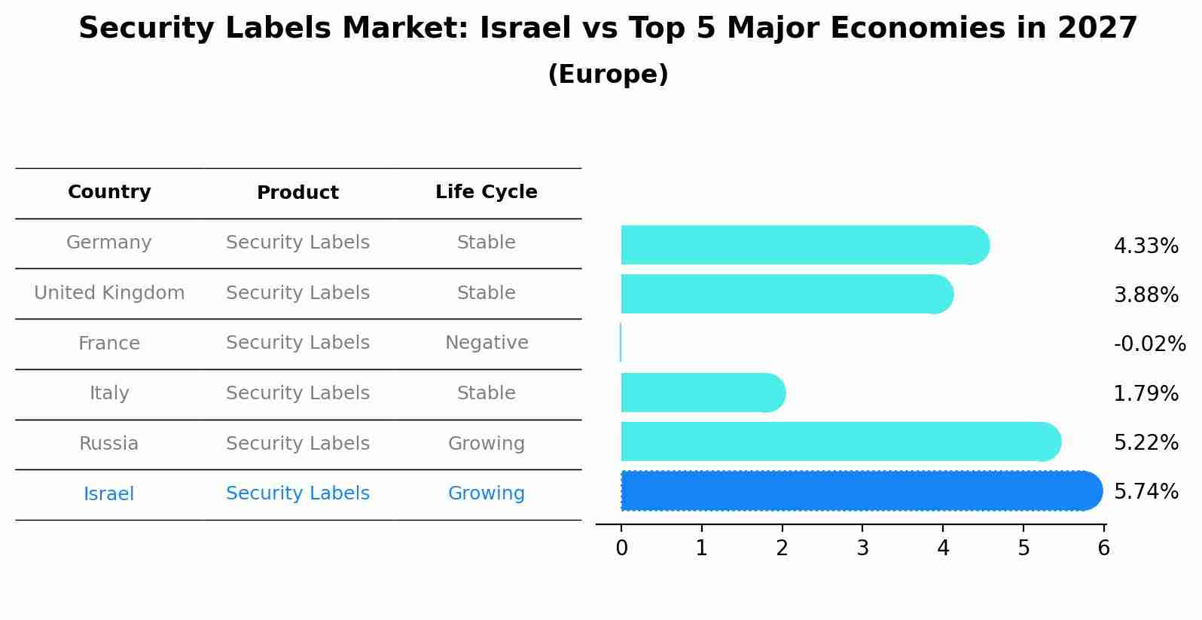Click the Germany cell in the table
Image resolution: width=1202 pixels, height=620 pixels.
(x=109, y=243)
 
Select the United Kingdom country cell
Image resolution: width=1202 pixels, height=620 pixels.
(x=109, y=293)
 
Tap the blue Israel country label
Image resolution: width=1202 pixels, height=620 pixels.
(x=109, y=494)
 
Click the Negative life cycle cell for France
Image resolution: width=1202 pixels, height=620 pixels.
(x=487, y=343)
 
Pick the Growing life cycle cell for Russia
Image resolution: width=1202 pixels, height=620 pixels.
(x=487, y=444)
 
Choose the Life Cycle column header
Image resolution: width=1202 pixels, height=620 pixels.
(x=487, y=192)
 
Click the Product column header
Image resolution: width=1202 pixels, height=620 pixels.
(x=297, y=193)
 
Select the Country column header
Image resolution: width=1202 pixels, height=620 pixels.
(x=109, y=192)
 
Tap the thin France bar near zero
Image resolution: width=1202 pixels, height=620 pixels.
(x=621, y=343)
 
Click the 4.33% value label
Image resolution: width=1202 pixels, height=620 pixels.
(x=1146, y=246)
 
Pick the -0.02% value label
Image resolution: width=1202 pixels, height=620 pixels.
(x=1149, y=344)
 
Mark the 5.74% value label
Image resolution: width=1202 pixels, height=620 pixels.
(x=1146, y=492)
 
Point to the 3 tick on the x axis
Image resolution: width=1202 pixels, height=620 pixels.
(x=862, y=548)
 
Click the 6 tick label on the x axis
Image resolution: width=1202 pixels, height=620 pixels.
(x=1103, y=548)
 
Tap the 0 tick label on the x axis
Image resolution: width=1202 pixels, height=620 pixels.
(x=621, y=548)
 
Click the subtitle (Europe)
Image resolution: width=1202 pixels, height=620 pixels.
(x=608, y=75)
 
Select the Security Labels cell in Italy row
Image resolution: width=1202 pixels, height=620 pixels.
(x=297, y=393)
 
